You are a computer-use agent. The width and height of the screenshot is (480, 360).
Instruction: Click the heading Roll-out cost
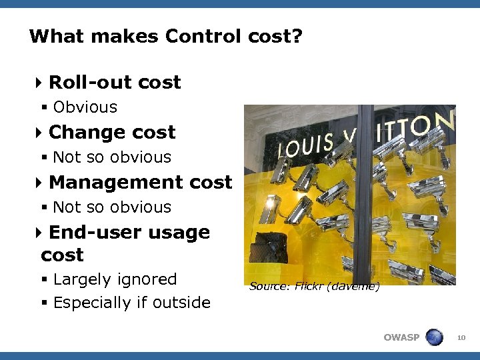point(115,82)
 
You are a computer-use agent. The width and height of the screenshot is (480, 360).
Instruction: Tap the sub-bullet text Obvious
point(85,107)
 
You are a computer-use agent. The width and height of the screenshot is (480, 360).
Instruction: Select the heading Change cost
point(112,132)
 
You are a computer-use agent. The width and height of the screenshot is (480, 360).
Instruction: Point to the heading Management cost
point(140,182)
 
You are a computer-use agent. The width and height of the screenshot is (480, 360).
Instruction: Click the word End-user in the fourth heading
point(87,232)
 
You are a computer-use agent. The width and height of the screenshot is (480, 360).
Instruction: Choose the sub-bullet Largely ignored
point(115,279)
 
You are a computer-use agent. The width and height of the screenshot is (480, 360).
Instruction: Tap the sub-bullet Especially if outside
point(131,303)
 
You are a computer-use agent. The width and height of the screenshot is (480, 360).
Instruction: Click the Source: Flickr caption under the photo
point(314,287)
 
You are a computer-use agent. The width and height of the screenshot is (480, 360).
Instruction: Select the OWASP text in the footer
point(401,337)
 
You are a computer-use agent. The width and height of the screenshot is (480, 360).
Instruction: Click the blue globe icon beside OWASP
point(434,337)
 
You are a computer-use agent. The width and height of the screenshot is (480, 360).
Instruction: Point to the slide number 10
point(461,338)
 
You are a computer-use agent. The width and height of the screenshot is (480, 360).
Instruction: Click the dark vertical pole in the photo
point(365,200)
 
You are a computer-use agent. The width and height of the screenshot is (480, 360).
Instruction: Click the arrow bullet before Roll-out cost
point(39,83)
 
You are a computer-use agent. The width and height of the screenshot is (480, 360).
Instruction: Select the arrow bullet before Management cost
point(39,183)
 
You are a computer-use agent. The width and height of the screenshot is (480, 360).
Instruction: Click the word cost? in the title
point(273,36)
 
